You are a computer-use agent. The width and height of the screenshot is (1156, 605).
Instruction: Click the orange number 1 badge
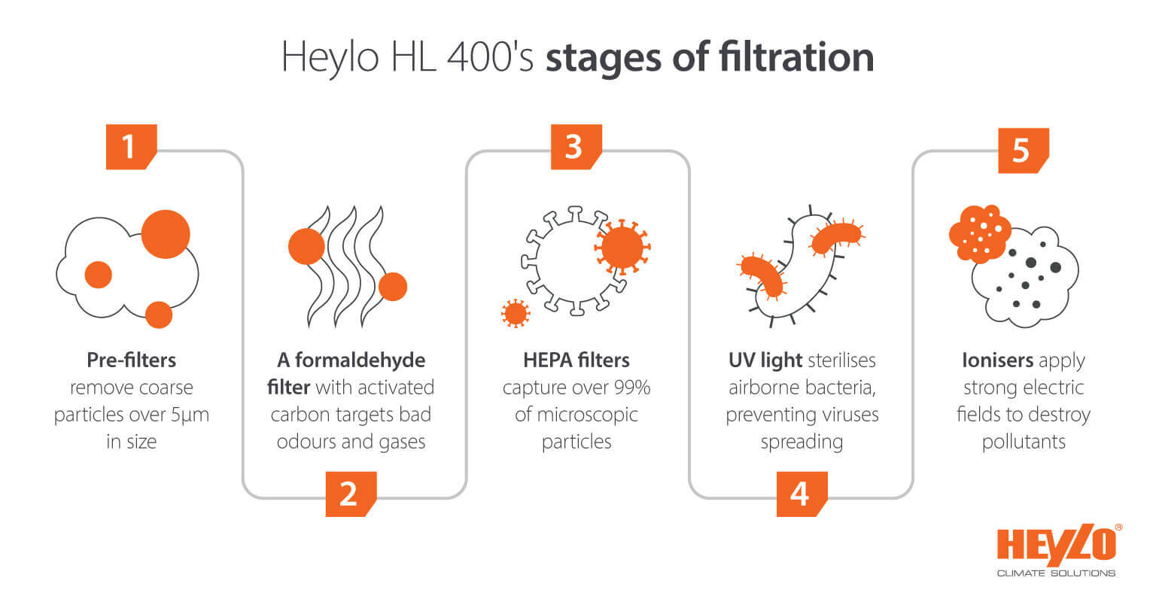coord(130,146)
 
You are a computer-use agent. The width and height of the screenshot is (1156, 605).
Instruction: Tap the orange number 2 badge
coord(350,494)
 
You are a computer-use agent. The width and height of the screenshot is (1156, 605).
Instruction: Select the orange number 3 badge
coord(576,146)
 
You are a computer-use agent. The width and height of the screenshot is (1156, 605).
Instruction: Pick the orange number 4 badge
coord(801,494)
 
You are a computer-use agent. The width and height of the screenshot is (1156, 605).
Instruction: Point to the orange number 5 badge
coord(1022,150)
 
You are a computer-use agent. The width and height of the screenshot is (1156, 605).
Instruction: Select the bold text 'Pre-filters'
coord(131,360)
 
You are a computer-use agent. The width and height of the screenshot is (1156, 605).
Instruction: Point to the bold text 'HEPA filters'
coord(576,360)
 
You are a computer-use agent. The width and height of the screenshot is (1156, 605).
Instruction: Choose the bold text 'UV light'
coord(760,360)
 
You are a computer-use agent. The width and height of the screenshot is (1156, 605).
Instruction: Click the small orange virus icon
coord(516,312)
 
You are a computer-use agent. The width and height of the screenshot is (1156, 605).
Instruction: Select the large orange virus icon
coord(622,246)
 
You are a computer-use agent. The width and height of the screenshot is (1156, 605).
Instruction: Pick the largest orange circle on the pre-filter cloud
coord(166,234)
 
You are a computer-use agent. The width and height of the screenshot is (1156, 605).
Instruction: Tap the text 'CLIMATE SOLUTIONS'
coord(1056,573)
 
